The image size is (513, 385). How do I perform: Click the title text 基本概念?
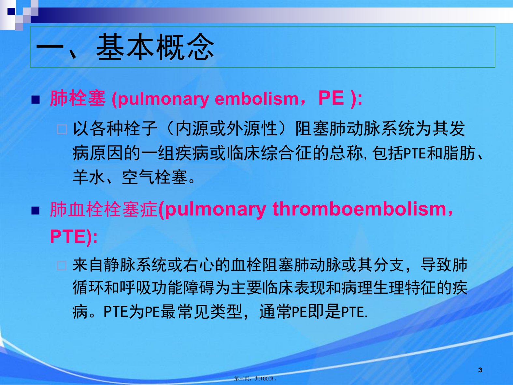point(155,47)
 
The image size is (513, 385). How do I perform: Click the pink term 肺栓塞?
point(78,98)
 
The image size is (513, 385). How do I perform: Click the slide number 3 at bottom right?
point(480,370)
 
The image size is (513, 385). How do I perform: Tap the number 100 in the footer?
point(264,379)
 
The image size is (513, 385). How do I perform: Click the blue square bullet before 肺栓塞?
point(36,100)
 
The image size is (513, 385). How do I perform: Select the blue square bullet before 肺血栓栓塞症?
point(36,211)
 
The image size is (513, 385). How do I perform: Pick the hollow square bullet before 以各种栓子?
point(62,129)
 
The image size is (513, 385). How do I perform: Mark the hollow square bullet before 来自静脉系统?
point(62,266)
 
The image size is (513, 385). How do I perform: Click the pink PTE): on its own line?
point(74,236)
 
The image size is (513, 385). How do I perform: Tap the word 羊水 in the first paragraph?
point(88,177)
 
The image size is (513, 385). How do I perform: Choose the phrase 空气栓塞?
point(154,177)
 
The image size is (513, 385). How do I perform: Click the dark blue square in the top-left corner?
point(11,11)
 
